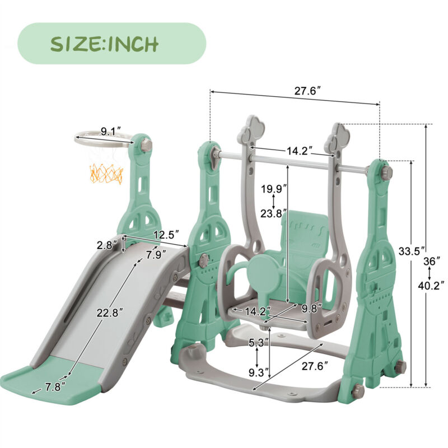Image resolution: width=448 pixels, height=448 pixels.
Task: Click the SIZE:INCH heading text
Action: [104, 44]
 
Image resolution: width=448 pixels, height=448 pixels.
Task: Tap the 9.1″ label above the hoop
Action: [111, 132]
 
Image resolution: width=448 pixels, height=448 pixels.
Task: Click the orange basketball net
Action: [106, 174]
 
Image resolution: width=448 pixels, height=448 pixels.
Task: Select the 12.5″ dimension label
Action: [166, 235]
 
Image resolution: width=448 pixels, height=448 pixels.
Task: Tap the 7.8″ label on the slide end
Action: [55, 387]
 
